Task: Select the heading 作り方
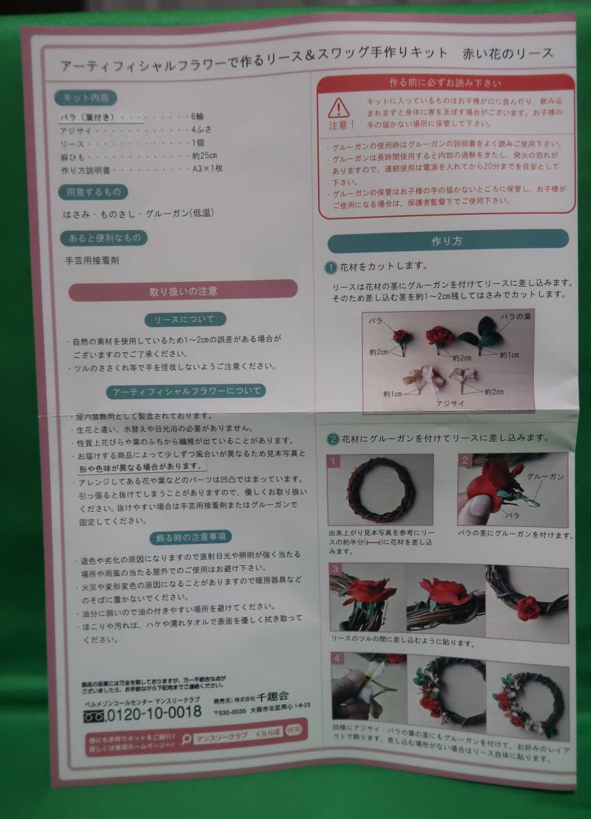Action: [447, 241]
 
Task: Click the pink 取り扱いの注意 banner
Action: [184, 291]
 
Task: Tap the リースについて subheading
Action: [184, 319]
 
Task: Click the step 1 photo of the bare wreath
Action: [380, 489]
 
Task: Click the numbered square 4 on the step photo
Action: [336, 659]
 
